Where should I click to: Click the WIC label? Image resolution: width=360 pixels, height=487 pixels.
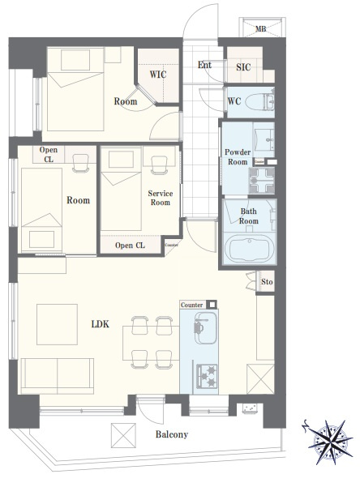coord(158,75)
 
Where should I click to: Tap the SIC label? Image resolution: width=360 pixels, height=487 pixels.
coord(243,67)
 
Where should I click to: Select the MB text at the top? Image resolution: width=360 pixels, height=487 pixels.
coord(260,29)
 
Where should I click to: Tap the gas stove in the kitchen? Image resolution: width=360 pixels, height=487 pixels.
coord(207,377)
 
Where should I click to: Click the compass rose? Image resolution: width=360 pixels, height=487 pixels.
coord(330,442)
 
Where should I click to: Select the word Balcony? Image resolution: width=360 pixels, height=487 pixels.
coord(172,434)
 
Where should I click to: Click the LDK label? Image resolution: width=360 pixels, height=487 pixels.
coord(100,324)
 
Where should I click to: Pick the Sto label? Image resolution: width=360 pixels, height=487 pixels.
coord(267,282)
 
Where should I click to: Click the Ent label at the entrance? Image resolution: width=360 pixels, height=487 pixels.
coord(204,65)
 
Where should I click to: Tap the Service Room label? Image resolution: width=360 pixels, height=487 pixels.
coord(160,198)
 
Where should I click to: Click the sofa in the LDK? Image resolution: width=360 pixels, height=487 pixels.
coord(58,376)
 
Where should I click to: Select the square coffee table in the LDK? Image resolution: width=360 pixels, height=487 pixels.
coord(57,324)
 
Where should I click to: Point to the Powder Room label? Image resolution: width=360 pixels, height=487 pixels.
coord(238,157)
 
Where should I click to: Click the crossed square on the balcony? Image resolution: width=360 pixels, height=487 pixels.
coord(123,435)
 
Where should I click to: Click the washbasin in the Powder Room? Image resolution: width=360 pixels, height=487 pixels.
coord(264,139)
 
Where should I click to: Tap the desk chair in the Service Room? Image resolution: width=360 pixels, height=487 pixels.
coord(157,164)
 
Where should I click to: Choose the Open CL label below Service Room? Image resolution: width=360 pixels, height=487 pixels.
coord(130,246)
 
